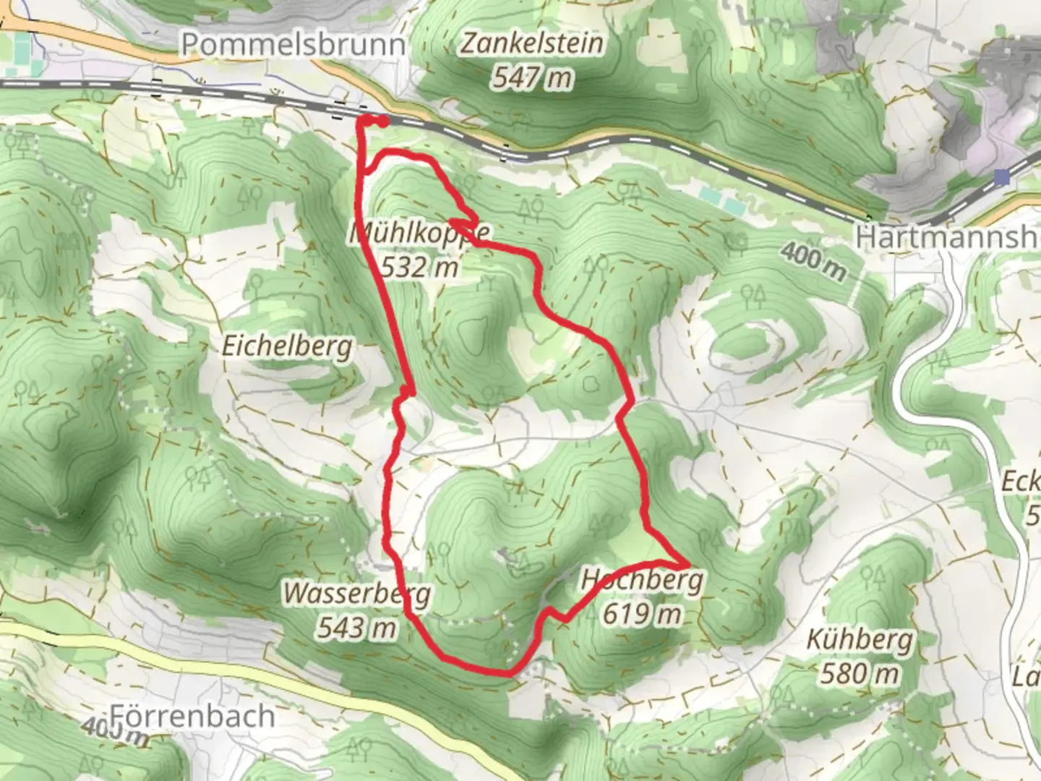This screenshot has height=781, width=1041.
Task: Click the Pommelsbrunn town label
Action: click(293, 45)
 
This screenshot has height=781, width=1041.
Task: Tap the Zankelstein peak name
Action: click(532, 43)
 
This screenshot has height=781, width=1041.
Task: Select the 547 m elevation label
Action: click(532, 77)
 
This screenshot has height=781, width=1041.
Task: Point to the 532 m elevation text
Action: click(420, 268)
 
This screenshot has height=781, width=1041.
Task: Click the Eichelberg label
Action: click(287, 346)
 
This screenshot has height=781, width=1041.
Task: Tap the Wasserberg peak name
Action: click(356, 594)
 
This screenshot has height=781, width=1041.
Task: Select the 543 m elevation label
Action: click(357, 627)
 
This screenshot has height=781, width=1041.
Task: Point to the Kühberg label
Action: click(860, 640)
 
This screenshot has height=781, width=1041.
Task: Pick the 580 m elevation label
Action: click(860, 674)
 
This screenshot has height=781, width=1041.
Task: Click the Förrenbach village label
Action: click(193, 716)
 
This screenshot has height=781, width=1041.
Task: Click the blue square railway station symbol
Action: click(1001, 176)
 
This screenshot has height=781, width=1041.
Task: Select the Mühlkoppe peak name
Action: click(420, 234)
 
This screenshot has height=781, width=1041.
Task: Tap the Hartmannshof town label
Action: click(947, 236)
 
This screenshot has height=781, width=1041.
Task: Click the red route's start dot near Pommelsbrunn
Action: click(381, 121)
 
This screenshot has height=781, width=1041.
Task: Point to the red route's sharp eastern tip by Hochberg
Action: click(686, 563)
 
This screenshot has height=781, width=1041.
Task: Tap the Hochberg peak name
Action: click(642, 580)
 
